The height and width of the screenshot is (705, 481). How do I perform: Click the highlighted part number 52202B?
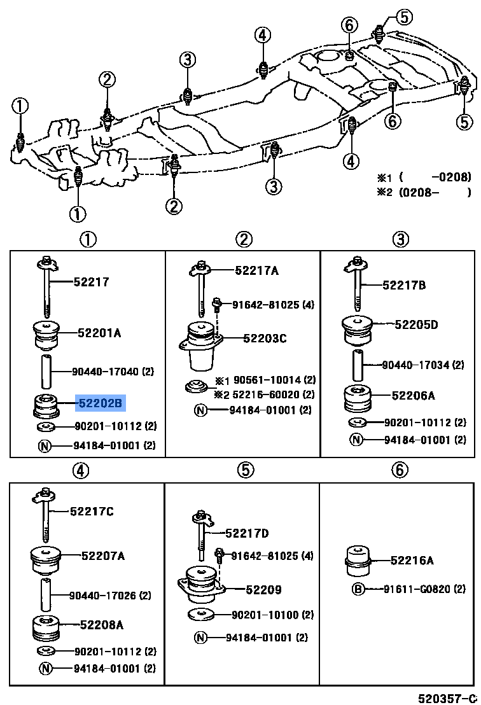point(101,403)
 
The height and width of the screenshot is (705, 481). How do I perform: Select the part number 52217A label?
point(256,270)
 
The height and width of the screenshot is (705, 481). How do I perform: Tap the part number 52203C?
point(264,339)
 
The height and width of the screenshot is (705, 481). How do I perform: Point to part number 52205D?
point(416,325)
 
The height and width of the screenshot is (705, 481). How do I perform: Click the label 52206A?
point(413,396)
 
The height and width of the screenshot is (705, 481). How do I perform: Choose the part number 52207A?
point(102,556)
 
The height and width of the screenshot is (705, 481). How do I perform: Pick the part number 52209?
point(263,590)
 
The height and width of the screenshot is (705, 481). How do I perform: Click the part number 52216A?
point(412,561)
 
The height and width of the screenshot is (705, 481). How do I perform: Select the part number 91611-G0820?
point(424,589)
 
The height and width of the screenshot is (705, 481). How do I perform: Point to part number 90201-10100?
point(265,615)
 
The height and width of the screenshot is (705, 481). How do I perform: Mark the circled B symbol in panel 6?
point(358,589)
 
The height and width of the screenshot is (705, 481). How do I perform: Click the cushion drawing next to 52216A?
point(358,557)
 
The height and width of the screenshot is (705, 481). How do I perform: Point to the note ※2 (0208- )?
point(432,192)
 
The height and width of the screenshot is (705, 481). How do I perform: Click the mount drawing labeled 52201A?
point(46,336)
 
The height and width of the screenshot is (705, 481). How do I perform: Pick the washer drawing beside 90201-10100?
point(200,615)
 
